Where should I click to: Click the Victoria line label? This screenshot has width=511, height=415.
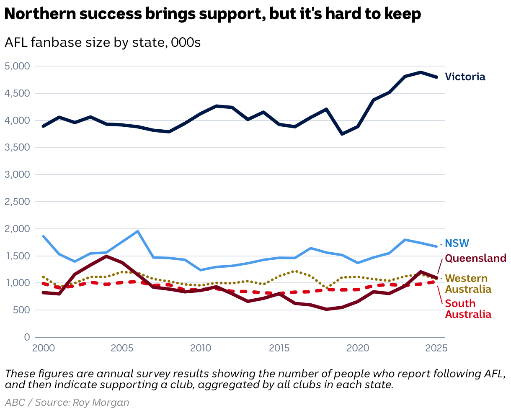tap(465, 77)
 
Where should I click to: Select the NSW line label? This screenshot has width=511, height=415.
tap(457, 243)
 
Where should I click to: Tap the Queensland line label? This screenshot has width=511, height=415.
tap(475, 258)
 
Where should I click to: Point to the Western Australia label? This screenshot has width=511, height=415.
tap(468, 284)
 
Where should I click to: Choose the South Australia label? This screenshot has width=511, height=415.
tap(468, 309)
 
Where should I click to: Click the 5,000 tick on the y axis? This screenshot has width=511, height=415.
tap(17, 66)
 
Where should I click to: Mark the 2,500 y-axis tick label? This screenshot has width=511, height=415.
tap(17, 202)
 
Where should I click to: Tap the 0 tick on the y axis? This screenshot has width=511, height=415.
tap(27, 337)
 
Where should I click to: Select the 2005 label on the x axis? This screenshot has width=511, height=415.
tap(122, 348)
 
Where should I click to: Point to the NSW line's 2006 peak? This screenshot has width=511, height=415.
tap(138, 231)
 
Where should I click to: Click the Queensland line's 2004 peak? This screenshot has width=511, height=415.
tap(106, 256)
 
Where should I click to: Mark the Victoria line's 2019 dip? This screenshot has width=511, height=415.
tap(343, 134)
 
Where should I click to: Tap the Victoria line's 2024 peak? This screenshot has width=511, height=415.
tap(421, 72)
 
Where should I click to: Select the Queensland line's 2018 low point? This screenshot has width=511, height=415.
tap(327, 309)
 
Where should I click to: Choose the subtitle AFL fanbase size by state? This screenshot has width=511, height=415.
tap(103, 43)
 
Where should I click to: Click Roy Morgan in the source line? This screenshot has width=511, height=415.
tap(101, 402)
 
